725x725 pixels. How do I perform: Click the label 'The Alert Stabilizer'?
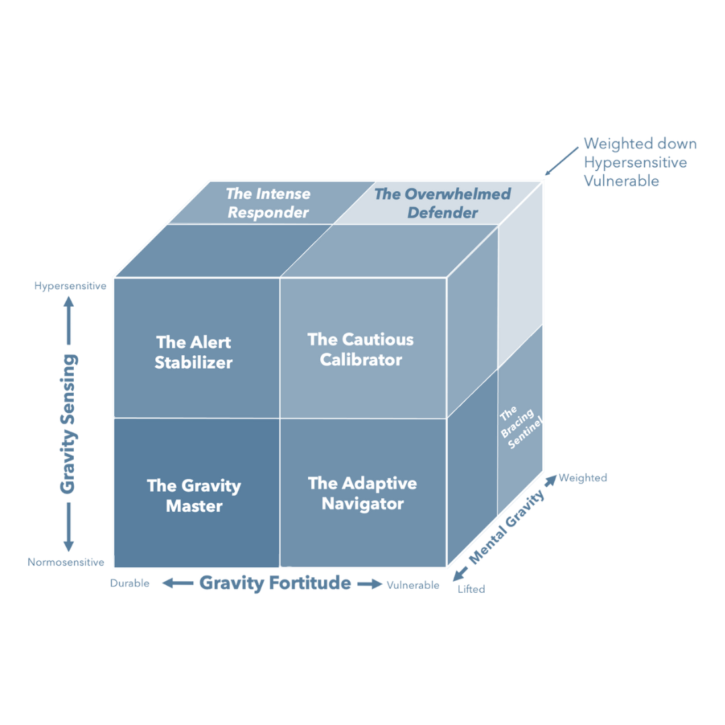pyautogui.click(x=193, y=352)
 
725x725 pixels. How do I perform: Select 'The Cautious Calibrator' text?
pyautogui.click(x=360, y=349)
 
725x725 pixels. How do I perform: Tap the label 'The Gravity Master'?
pyautogui.click(x=193, y=495)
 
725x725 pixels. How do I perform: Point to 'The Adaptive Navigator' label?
pyautogui.click(x=362, y=493)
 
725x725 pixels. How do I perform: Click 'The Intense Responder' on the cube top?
pyautogui.click(x=268, y=203)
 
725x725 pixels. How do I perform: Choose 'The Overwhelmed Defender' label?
pyautogui.click(x=442, y=203)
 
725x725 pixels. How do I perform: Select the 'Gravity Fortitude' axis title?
pyautogui.click(x=275, y=583)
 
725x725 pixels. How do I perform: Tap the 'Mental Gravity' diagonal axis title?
pyautogui.click(x=507, y=528)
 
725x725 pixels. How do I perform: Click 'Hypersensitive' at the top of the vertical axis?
pyautogui.click(x=70, y=285)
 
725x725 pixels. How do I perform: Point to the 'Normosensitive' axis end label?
pyautogui.click(x=66, y=562)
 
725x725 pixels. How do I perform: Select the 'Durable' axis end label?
pyautogui.click(x=130, y=583)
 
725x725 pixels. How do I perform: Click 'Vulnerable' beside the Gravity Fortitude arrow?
pyautogui.click(x=414, y=585)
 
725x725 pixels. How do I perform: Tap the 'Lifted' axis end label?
pyautogui.click(x=473, y=589)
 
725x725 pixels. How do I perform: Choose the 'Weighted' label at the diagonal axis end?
pyautogui.click(x=581, y=478)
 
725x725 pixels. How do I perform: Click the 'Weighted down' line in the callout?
pyautogui.click(x=640, y=144)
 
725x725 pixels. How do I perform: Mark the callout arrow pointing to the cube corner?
pyautogui.click(x=561, y=161)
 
